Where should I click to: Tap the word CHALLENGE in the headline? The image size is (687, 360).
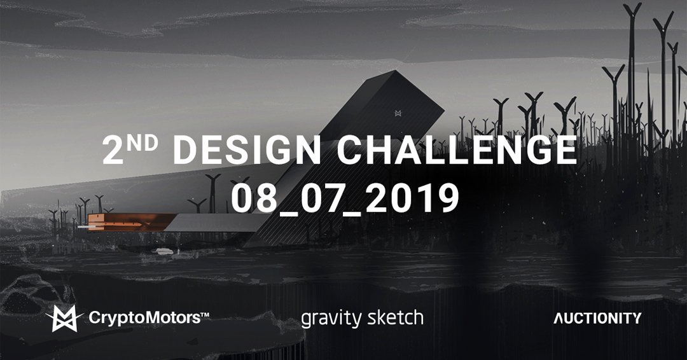pos(456,151)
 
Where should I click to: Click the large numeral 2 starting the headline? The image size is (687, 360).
pos(115,151)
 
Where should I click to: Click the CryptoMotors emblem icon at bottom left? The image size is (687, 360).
pos(64,318)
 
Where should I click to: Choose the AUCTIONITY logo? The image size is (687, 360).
pos(597,318)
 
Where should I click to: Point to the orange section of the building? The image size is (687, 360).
pos(127,223)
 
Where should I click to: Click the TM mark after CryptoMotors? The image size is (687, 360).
pos(205,314)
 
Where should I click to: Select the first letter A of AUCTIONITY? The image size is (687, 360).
pos(559,318)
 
